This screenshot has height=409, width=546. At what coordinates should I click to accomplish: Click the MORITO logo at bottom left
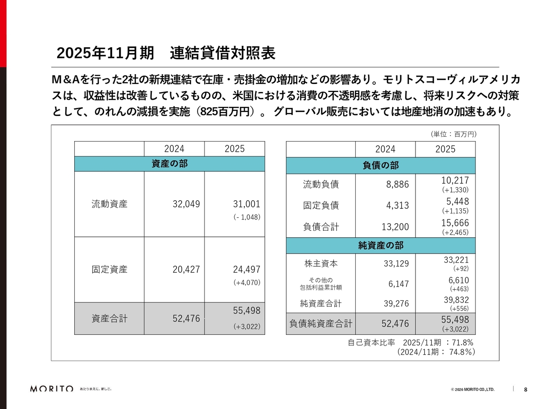click(52, 389)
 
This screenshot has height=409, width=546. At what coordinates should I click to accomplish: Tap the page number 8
click(526, 389)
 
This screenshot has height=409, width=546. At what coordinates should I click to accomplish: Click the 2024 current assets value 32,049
click(186, 204)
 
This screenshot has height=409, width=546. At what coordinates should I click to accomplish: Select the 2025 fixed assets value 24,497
click(246, 269)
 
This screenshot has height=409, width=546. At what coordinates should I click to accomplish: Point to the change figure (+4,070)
click(247, 282)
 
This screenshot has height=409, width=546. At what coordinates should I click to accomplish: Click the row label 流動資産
click(109, 204)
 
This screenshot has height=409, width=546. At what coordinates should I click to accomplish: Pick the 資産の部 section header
click(169, 164)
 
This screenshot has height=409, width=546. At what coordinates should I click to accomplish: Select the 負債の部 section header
click(380, 165)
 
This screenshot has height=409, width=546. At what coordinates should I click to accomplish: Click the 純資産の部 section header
click(380, 245)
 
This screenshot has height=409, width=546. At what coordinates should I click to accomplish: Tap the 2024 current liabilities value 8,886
click(397, 184)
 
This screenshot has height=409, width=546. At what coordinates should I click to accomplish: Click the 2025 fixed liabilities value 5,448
click(457, 202)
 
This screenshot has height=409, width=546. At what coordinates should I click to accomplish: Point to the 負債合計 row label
click(321, 227)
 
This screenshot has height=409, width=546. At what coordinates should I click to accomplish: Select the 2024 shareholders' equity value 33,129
click(396, 264)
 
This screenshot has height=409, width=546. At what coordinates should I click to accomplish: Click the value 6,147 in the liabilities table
click(398, 284)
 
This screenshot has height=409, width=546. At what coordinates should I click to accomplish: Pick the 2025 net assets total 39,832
click(456, 300)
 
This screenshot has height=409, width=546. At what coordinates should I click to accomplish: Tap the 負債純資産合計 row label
click(321, 324)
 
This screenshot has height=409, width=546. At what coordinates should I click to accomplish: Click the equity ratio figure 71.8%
click(462, 343)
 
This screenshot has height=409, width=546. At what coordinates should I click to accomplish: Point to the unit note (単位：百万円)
click(453, 134)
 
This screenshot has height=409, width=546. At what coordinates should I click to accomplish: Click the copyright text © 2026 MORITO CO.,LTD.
click(473, 389)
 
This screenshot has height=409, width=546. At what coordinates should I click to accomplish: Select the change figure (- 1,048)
click(247, 217)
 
